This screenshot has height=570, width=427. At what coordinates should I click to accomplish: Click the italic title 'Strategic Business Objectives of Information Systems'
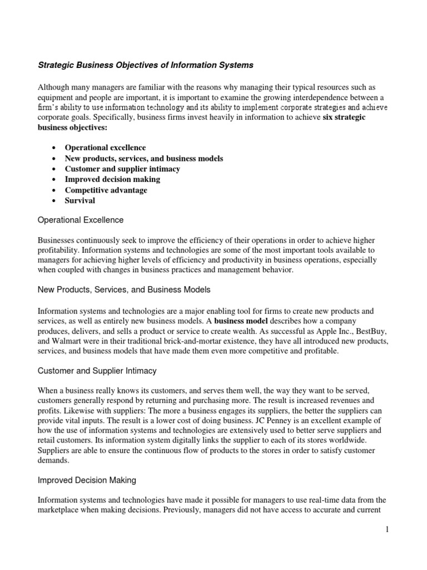145,65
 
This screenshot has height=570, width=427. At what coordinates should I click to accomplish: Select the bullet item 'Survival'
80,200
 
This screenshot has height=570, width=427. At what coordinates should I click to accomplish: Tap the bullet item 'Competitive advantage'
106,190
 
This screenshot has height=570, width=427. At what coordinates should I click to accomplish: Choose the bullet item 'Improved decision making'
112,179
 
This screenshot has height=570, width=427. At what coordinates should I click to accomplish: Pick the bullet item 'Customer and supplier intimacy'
122,169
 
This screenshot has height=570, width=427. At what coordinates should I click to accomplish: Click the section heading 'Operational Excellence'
80,220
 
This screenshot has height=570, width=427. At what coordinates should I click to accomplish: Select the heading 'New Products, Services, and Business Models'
124,289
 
